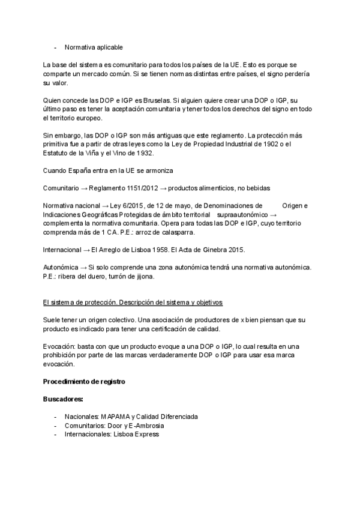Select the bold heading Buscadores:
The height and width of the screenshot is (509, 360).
[63, 399]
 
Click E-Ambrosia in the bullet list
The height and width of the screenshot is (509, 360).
[145, 426]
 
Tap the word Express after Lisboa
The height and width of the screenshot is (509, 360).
[146, 434]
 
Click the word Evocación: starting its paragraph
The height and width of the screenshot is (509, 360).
[59, 346]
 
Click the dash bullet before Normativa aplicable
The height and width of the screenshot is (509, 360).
[55, 47]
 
